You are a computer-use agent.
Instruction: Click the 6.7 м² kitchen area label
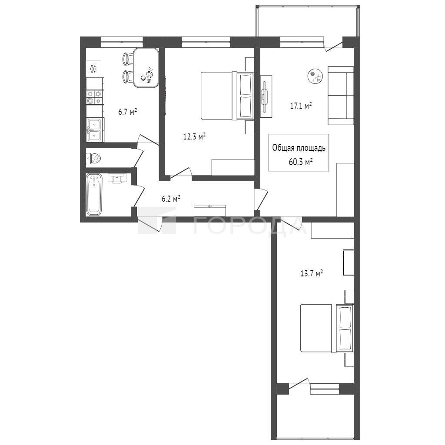(x=128, y=112)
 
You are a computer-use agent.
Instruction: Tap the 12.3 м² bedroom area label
(x=194, y=137)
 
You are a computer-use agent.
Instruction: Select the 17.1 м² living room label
(x=301, y=106)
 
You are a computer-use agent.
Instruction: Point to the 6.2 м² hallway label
(x=171, y=198)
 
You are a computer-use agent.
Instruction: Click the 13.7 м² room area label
(x=312, y=273)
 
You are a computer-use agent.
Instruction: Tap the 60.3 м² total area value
(x=301, y=162)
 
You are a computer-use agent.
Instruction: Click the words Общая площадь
(x=299, y=148)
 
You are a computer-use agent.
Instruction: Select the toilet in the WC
(x=93, y=158)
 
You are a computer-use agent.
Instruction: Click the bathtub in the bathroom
(x=94, y=195)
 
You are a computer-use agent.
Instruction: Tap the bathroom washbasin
(x=117, y=178)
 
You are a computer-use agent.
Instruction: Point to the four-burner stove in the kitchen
(x=94, y=97)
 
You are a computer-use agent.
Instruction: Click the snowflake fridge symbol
(x=93, y=69)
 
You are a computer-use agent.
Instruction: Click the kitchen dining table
(x=146, y=67)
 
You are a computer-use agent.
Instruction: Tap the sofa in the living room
(x=341, y=96)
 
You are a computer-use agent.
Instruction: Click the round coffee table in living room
(x=315, y=76)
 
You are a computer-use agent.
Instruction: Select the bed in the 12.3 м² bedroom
(x=227, y=96)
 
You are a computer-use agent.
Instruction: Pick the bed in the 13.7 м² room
(x=327, y=328)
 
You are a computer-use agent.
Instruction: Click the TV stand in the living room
(x=266, y=96)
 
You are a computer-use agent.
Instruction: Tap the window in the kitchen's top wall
(x=122, y=42)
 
